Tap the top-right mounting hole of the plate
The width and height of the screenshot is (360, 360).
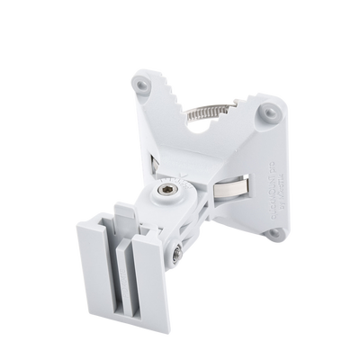coord(267,113)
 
